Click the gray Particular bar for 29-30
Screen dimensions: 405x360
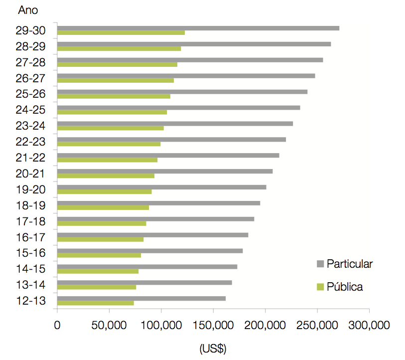click(x=198, y=28)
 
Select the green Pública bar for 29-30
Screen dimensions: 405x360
click(x=121, y=32)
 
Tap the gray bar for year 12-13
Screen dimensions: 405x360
click(x=141, y=299)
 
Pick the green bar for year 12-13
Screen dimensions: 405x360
click(x=96, y=303)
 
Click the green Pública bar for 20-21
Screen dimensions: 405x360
click(x=106, y=176)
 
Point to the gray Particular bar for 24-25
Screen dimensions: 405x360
click(x=179, y=108)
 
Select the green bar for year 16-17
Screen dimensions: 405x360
click(x=101, y=239)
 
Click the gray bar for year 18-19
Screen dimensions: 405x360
click(x=158, y=203)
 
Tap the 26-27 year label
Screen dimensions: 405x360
click(x=30, y=78)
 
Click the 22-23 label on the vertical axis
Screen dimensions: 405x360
click(x=30, y=142)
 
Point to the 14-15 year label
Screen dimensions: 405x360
click(x=30, y=269)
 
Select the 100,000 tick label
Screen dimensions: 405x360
click(x=161, y=325)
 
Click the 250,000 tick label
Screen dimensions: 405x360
click(x=317, y=325)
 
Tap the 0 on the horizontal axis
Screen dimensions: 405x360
click(x=57, y=325)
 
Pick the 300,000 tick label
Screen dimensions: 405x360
click(x=369, y=325)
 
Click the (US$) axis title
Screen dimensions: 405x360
click(x=213, y=349)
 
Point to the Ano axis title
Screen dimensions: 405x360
click(x=28, y=10)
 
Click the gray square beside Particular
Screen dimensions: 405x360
click(x=320, y=264)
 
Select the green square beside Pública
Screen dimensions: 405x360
click(x=320, y=287)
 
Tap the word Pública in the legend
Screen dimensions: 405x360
click(x=345, y=287)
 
